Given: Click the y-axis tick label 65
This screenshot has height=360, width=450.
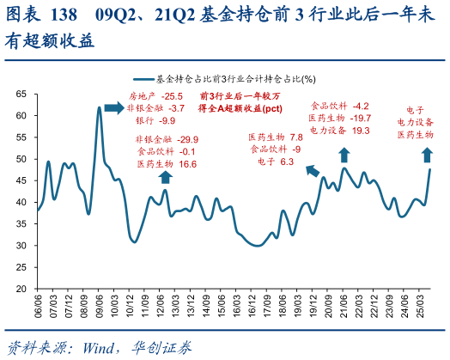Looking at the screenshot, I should coord(21,94).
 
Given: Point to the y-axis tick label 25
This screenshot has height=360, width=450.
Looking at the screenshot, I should coord(21,266).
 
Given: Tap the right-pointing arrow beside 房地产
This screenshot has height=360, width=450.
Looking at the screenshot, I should coord(114,108).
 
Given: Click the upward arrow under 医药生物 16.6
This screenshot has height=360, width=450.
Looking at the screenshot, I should coord(165,176).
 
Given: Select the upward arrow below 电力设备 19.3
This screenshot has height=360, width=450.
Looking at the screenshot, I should coord(344,155).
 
